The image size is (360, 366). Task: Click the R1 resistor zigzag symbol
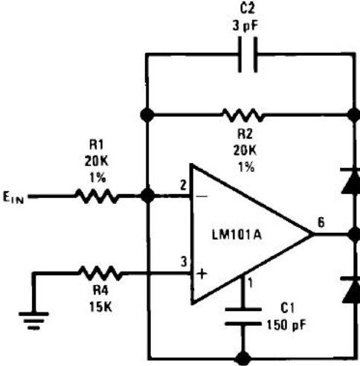pyautogui.click(x=97, y=196)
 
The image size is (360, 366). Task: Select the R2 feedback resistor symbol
pyautogui.click(x=242, y=115)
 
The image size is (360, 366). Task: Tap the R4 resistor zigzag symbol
pyautogui.click(x=100, y=273)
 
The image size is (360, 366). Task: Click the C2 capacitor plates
pyautogui.click(x=248, y=54)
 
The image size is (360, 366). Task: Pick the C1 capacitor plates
pyautogui.click(x=243, y=317)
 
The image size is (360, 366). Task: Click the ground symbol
pyautogui.click(x=33, y=321)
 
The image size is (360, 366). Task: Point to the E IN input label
pyautogui.click(x=13, y=198)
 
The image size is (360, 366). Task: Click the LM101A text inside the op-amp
pyautogui.click(x=237, y=235)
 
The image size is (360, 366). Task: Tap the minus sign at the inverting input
pyautogui.click(x=202, y=196)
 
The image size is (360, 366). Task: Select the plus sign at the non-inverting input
pyautogui.click(x=202, y=274)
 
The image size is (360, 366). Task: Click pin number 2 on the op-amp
pyautogui.click(x=183, y=185)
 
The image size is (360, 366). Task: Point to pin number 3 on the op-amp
pyautogui.click(x=184, y=262)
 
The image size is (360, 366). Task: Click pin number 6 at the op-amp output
pyautogui.click(x=321, y=222)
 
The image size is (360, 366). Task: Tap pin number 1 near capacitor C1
pyautogui.click(x=251, y=283)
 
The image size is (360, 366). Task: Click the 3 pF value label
pyautogui.click(x=245, y=25)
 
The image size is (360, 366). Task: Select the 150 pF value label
pyautogui.click(x=286, y=325)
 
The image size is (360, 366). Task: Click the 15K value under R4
pyautogui.click(x=100, y=306)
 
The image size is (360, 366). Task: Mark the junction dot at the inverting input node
pyautogui.click(x=148, y=196)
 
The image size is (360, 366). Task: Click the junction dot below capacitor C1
pyautogui.click(x=242, y=359)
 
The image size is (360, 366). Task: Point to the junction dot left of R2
pyautogui.click(x=147, y=115)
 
